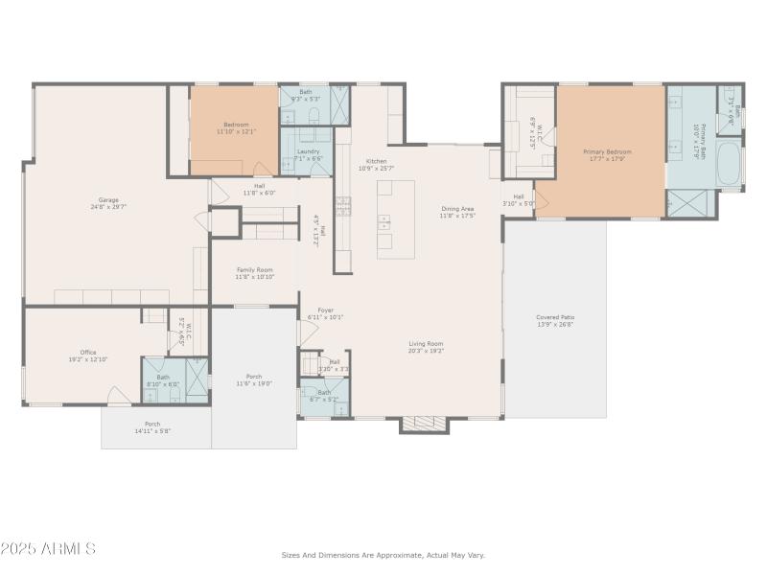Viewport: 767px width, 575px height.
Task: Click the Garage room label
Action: (107, 203)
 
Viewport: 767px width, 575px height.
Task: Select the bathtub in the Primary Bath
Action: (730, 166)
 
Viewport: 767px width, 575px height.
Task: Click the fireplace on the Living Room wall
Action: (424, 424)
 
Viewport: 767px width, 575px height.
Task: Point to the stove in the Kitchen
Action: (342, 206)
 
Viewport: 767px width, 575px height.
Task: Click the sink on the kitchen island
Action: (385, 223)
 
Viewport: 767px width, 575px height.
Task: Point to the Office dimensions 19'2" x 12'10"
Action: (87, 359)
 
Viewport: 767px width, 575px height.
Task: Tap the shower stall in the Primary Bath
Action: (689, 203)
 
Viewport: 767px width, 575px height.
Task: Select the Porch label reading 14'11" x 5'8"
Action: (152, 427)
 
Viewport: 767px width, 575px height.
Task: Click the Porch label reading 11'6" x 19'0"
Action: (254, 379)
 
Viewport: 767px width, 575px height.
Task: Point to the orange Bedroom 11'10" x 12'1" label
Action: (236, 127)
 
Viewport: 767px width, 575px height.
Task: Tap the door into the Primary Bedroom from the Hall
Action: (541, 201)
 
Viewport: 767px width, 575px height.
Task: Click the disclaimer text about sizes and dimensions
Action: (383, 555)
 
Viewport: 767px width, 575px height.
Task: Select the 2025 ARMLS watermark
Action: (48, 549)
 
